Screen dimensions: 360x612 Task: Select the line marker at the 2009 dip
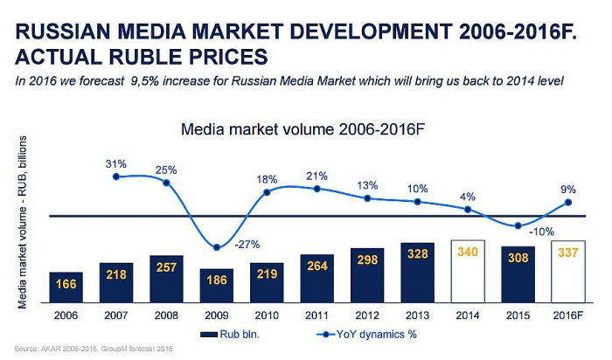[x=217, y=246]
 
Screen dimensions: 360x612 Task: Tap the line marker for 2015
[x=519, y=225]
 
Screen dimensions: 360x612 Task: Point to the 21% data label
[x=317, y=176]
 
